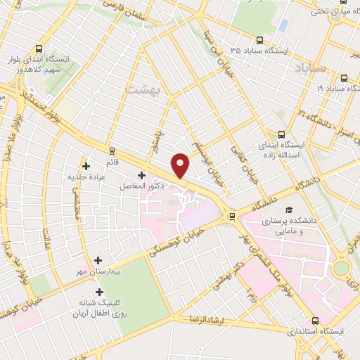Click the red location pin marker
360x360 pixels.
pos(181,164)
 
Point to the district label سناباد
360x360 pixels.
pos(308,68)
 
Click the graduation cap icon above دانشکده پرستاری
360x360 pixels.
pos(288,210)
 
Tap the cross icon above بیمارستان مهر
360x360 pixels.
pos(98,259)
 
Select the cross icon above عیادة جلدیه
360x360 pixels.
pos(86,167)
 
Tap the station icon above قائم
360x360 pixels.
pos(112,150)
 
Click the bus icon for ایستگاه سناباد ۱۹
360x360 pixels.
pos(345,79)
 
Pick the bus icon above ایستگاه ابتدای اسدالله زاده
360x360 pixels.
pos(281,134)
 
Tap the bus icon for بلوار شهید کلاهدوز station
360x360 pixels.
pos(38,49)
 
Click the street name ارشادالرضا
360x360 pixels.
pos(209,319)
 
